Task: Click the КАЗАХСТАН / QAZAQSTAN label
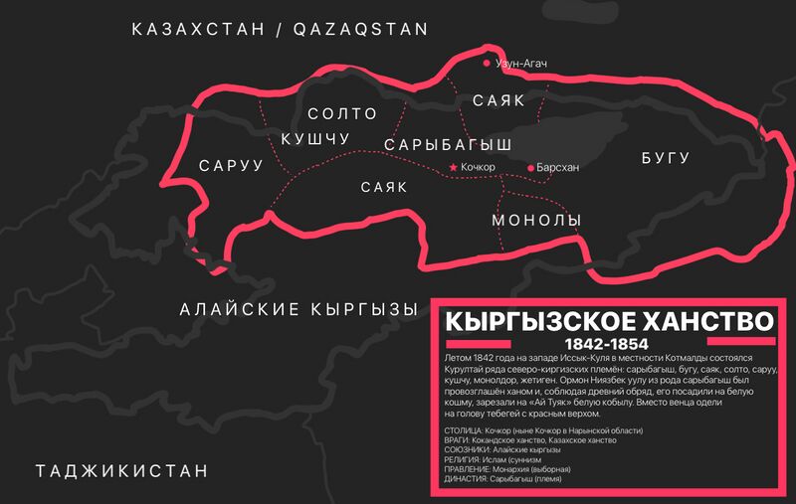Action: tap(280, 30)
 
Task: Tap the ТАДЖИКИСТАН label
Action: tap(122, 470)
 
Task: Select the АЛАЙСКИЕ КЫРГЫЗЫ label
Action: tap(298, 310)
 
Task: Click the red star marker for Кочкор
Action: tap(454, 167)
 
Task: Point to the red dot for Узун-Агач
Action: tap(487, 63)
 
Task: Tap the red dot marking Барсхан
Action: tap(530, 168)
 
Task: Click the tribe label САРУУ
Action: tap(231, 166)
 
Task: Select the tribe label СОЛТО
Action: tap(343, 115)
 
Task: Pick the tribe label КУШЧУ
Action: tap(315, 138)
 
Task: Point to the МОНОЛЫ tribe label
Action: tap(536, 220)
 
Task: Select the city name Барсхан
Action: tap(557, 168)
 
